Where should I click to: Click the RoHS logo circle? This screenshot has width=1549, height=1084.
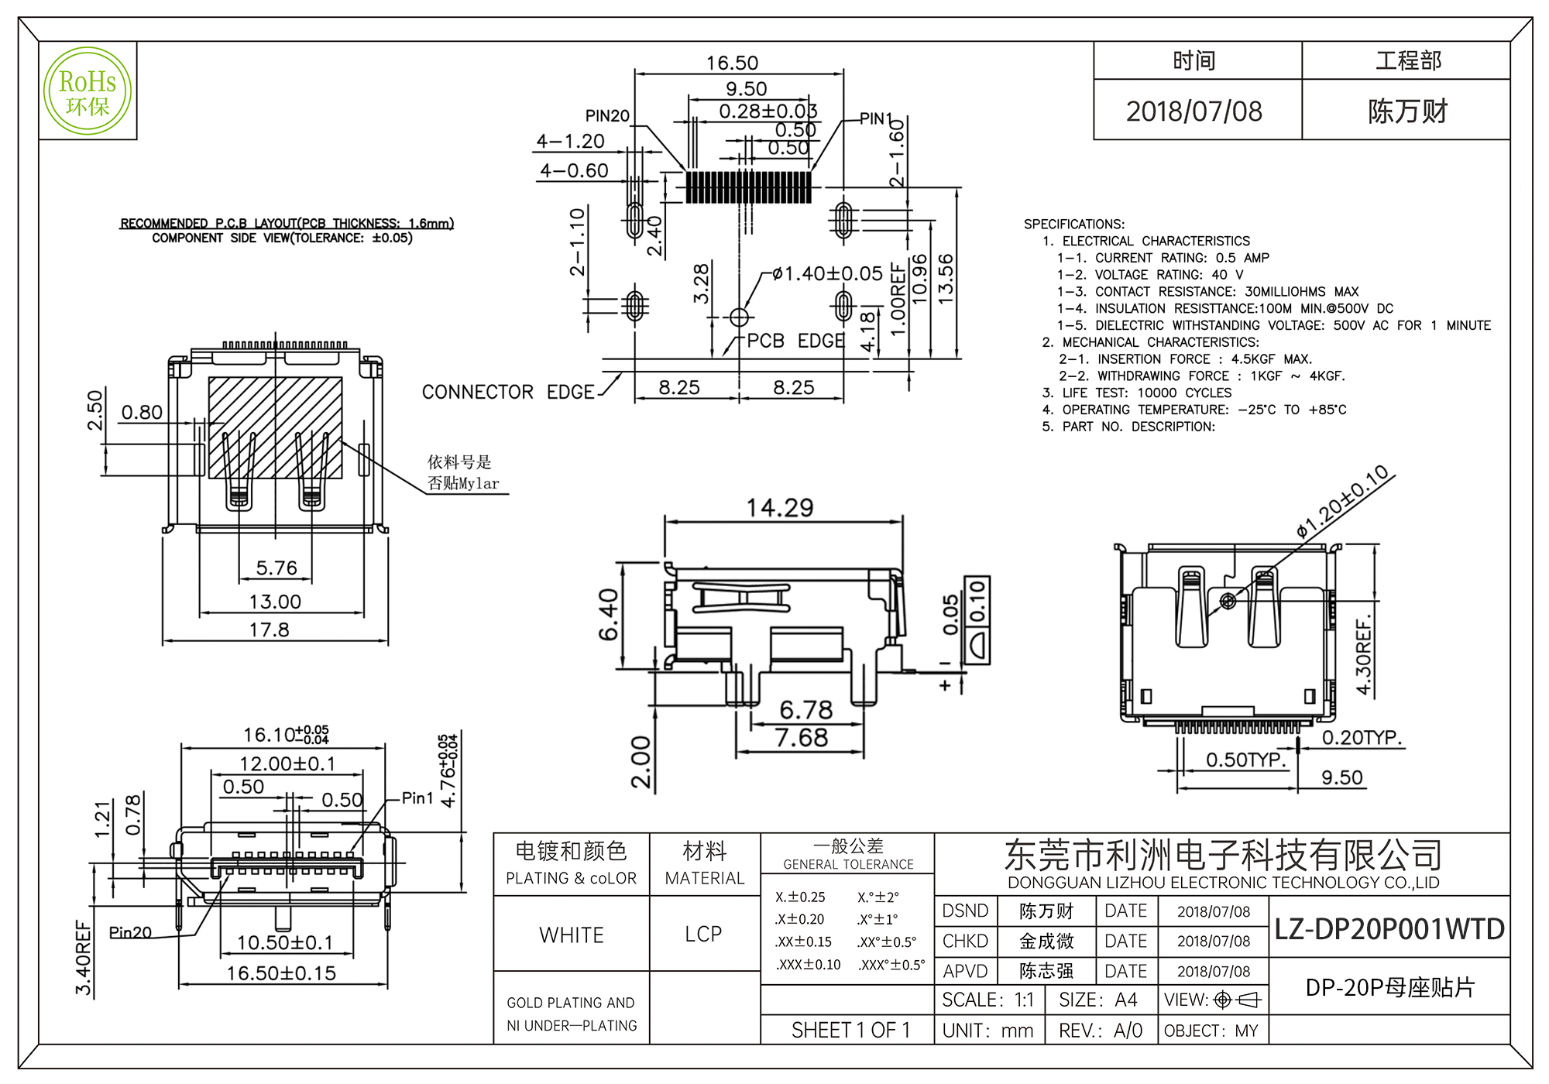(88, 91)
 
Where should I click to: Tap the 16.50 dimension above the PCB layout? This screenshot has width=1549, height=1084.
(732, 63)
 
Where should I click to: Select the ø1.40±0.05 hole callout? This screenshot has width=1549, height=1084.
(827, 273)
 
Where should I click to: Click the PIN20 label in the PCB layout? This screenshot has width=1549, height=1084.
(607, 116)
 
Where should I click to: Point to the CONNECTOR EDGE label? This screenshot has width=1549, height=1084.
(508, 392)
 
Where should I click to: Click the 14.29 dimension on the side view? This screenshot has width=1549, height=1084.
(780, 508)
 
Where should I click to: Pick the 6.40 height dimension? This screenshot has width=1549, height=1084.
(609, 615)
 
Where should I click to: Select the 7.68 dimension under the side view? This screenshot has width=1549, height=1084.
(802, 738)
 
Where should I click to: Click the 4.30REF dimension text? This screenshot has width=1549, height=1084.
(1363, 655)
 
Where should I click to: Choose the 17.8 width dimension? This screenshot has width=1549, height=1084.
(269, 629)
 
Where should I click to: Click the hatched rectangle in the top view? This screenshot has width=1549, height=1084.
(275, 427)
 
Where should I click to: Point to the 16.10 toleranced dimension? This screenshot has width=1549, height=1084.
(286, 734)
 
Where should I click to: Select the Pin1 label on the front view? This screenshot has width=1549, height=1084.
(417, 798)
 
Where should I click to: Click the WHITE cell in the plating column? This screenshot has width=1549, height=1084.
(572, 935)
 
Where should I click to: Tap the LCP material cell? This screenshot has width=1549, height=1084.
(703, 934)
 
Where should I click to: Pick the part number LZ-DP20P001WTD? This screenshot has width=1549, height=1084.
(1389, 928)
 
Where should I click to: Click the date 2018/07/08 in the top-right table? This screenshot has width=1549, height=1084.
(1194, 111)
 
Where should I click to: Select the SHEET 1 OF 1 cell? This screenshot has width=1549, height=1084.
(850, 1030)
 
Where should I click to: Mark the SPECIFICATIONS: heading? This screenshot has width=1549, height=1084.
(1074, 224)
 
